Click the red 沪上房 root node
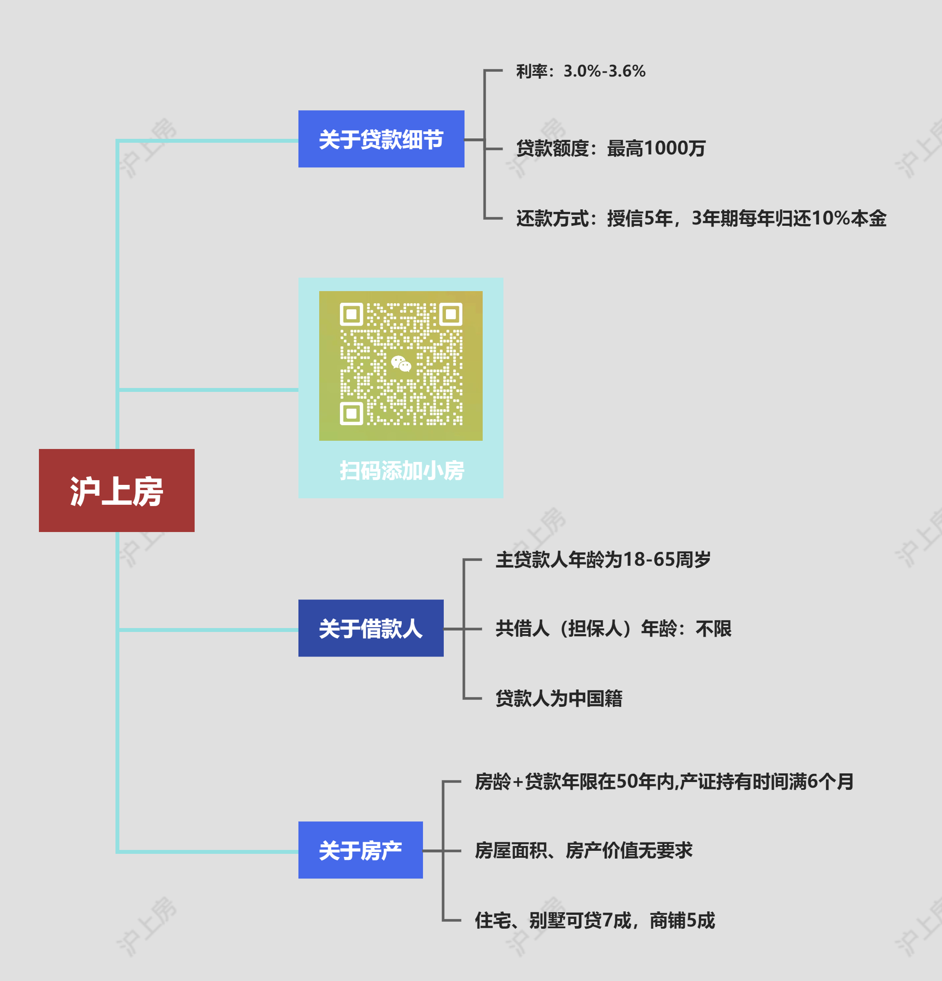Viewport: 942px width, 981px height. tap(117, 490)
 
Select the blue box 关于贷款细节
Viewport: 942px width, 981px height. tap(381, 139)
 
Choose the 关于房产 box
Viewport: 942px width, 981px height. tap(360, 850)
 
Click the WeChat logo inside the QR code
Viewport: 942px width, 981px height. tap(401, 364)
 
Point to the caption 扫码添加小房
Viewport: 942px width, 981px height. tap(401, 471)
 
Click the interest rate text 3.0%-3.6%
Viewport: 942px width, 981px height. tap(604, 71)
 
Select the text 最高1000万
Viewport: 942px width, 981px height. tap(656, 149)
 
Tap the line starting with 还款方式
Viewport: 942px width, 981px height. tap(701, 219)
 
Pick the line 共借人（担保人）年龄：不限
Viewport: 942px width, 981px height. tap(613, 628)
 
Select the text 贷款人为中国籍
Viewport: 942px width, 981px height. tap(559, 698)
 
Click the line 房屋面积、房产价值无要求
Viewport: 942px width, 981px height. tap(583, 850)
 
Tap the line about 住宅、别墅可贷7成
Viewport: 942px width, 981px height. tap(595, 920)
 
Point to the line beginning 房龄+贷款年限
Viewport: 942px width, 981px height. tap(664, 781)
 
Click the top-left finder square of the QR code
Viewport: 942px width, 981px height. tap(351, 314)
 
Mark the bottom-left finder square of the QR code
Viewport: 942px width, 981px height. tap(351, 414)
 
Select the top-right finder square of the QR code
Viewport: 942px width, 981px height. tap(451, 314)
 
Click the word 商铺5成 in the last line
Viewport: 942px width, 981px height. tap(682, 920)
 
